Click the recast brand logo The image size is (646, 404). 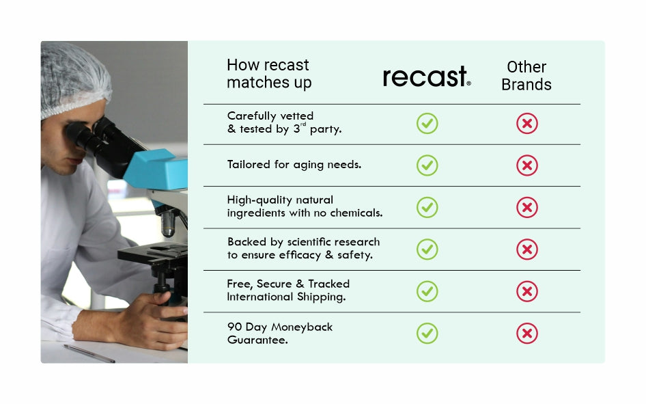[427, 76]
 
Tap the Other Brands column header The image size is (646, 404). [526, 75]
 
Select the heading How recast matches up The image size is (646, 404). [269, 73]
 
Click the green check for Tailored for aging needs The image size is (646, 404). [427, 165]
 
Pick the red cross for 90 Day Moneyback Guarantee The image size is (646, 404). [527, 333]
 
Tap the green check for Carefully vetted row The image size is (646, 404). [427, 123]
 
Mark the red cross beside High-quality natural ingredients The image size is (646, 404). [527, 207]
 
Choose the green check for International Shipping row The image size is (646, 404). [427, 291]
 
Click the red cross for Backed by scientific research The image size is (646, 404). [527, 250]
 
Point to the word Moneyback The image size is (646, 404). [302, 327]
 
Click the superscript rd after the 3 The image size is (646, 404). [303, 124]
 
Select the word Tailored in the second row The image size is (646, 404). [249, 164]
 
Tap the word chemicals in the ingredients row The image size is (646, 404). [356, 213]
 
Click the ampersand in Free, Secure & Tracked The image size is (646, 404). [300, 284]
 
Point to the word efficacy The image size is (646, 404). [300, 255]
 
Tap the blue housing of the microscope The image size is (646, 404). [156, 169]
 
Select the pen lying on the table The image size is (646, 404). [89, 353]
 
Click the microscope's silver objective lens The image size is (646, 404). [168, 224]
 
